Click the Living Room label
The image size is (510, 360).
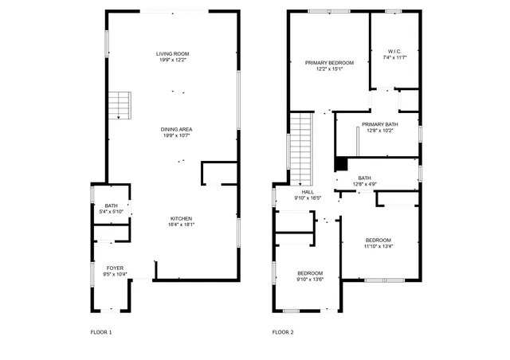tap(173, 53)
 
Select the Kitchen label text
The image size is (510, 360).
tap(181, 218)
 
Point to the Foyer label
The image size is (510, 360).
tap(115, 268)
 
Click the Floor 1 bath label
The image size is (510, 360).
tap(111, 205)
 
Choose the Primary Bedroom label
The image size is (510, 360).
tap(329, 62)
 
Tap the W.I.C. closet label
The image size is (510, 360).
tap(394, 51)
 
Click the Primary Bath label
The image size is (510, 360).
tap(379, 124)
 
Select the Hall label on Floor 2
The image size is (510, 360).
tap(308, 192)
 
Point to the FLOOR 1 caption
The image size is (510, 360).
tap(100, 331)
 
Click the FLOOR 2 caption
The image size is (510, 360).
tap(283, 331)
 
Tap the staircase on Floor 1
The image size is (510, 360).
tap(119, 105)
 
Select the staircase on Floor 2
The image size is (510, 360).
tap(300, 148)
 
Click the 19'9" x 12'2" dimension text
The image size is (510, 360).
tap(173, 60)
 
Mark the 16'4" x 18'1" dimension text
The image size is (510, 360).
tap(181, 225)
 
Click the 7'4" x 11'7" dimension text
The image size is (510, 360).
tap(394, 57)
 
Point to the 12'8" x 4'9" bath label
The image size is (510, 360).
tap(364, 181)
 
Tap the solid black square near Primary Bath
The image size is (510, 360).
tap(341, 163)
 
